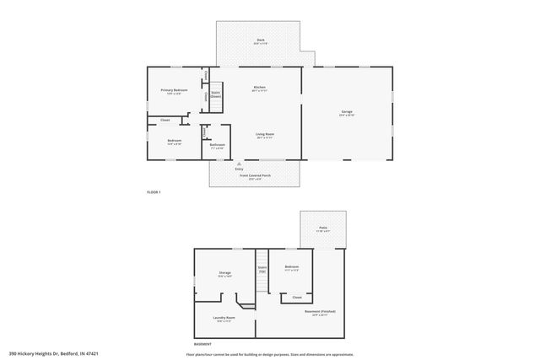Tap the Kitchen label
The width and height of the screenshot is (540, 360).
coord(260,88)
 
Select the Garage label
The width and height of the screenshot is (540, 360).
coord(347,112)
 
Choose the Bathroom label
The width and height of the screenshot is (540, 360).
coord(218,144)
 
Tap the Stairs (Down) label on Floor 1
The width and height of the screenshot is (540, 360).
coord(216,94)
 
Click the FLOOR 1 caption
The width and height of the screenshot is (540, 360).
coord(154,193)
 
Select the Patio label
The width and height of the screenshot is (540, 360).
coord(322,228)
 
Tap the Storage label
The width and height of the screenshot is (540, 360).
coord(225,272)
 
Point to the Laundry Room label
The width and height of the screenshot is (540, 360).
coord(224,318)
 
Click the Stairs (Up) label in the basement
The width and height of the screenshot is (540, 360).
coord(262,270)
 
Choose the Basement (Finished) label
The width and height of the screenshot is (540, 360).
coord(321,311)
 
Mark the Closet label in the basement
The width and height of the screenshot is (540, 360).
coord(297,297)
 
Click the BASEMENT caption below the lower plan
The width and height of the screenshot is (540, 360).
coord(202,344)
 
